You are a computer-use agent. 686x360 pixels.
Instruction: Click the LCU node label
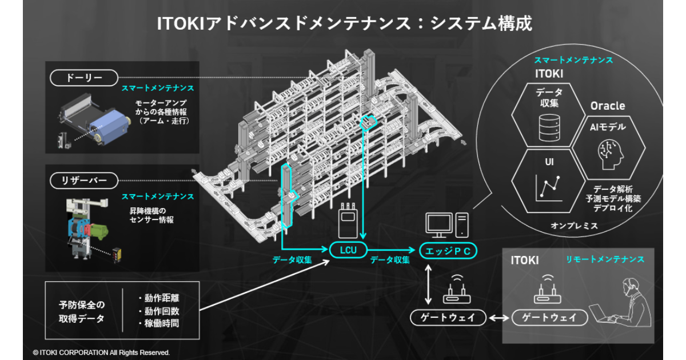pos(348,250)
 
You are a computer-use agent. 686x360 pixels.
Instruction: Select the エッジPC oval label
pos(448,250)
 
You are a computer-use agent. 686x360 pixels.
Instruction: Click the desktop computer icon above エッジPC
pos(446,225)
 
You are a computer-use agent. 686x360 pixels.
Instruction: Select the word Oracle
pos(607,106)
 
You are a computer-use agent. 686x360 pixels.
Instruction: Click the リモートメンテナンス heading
pos(605,259)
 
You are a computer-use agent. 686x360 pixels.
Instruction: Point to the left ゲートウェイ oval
pos(448,318)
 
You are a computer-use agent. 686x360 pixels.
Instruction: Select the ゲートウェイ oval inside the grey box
pos(549,318)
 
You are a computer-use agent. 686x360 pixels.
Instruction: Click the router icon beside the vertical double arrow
pos(457,291)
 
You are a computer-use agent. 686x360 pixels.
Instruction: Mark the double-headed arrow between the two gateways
pos(498,318)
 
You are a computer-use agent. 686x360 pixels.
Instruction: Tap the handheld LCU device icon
pos(348,221)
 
